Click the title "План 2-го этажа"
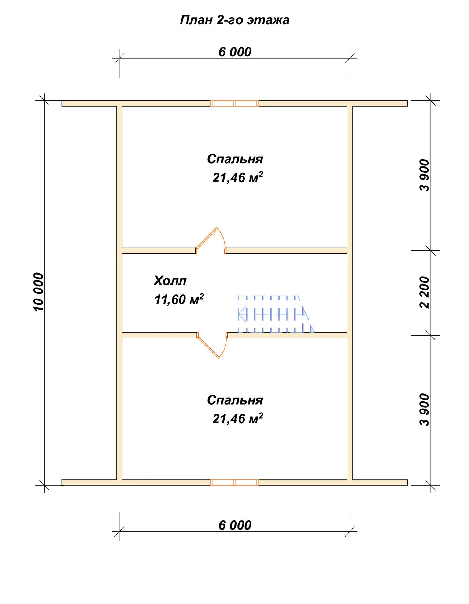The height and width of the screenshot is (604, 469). click(x=234, y=20)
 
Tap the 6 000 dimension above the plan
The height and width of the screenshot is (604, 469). click(x=235, y=52)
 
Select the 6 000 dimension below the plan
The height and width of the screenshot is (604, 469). click(x=235, y=526)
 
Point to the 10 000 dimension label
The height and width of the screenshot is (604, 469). click(x=38, y=292)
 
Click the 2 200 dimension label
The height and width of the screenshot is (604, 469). click(x=424, y=292)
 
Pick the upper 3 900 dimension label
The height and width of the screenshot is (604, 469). click(x=424, y=175)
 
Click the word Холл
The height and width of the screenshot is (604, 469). click(x=170, y=281)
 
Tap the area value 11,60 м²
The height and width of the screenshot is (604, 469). click(x=179, y=299)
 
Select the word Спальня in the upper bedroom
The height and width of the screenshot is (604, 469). click(x=235, y=159)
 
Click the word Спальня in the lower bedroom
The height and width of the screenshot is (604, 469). click(x=235, y=400)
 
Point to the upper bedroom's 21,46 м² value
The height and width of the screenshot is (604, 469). click(x=238, y=177)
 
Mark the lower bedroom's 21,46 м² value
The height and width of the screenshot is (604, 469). click(x=238, y=418)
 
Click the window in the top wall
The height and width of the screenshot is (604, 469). click(x=234, y=103)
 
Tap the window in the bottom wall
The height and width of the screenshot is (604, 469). click(x=234, y=482)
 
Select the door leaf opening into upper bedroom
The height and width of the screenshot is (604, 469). click(x=207, y=238)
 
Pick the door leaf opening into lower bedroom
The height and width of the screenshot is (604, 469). click(x=208, y=347)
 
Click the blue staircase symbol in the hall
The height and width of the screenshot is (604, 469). click(x=276, y=314)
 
